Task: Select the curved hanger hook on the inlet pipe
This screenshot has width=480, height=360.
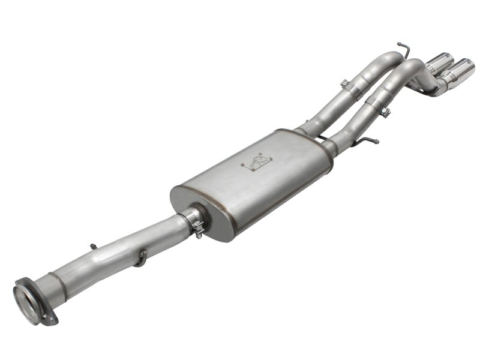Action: (x=141, y=257)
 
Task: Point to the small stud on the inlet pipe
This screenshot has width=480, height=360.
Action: (x=93, y=246)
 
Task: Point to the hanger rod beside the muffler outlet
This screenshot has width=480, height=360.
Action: (x=367, y=142)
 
